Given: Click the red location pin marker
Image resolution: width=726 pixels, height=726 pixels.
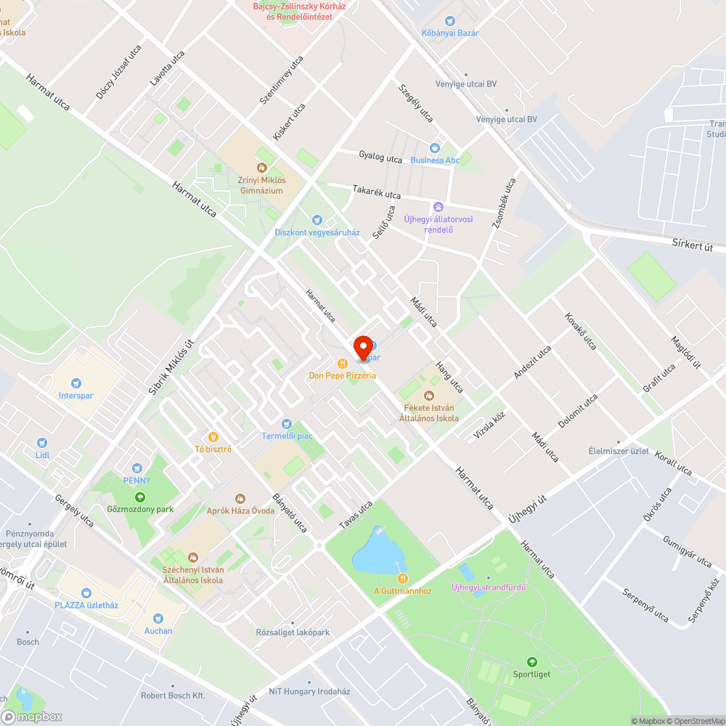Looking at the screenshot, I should pyautogui.click(x=362, y=347).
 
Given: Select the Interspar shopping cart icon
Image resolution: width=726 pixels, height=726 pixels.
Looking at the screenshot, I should pyautogui.click(x=76, y=383).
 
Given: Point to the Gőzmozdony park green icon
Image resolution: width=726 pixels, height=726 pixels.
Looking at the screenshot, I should pyautogui.click(x=139, y=497).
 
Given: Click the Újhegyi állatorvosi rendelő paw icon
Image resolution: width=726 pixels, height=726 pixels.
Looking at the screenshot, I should pyautogui.click(x=438, y=207).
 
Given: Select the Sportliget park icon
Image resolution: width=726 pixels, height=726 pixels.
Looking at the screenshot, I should pyautogui.click(x=532, y=662).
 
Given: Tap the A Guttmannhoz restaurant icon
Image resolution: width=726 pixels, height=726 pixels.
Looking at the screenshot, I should pyautogui.click(x=402, y=578).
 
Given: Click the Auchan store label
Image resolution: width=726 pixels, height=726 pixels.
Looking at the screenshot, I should pyautogui.click(x=158, y=630).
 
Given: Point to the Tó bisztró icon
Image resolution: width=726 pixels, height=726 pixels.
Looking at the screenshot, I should pyautogui.click(x=213, y=437).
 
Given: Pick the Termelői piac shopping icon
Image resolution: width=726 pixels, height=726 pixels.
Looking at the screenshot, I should pyautogui.click(x=286, y=423).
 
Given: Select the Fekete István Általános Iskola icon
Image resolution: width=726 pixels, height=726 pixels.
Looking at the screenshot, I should pyautogui.click(x=428, y=395).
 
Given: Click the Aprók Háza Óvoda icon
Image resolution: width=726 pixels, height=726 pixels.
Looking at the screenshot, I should pyautogui.click(x=240, y=498).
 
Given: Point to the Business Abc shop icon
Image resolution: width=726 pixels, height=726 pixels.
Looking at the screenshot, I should pyautogui.click(x=435, y=147).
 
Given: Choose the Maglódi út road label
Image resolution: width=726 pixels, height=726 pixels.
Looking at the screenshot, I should pyautogui.click(x=685, y=352).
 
